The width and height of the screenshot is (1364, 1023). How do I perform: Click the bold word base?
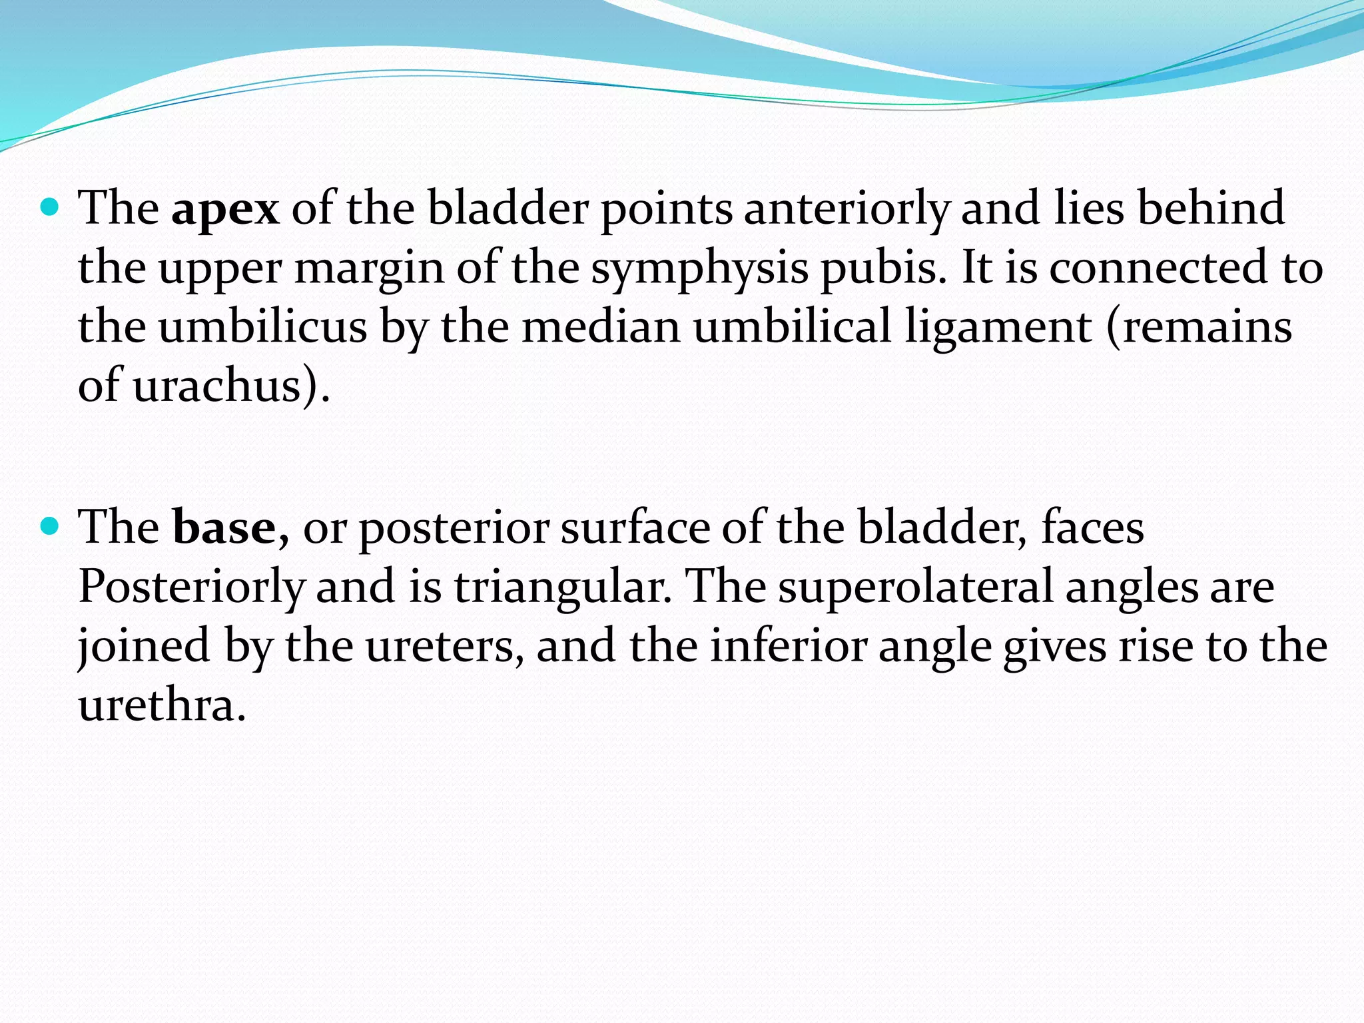click(224, 528)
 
